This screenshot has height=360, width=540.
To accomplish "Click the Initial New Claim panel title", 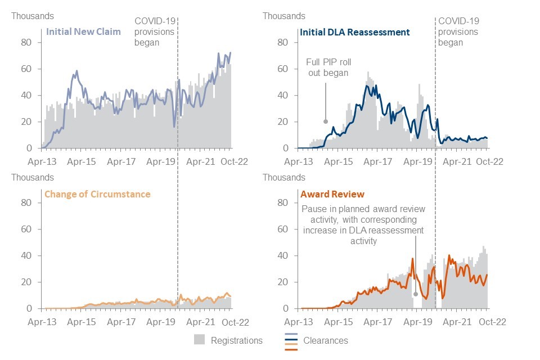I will [x=83, y=31].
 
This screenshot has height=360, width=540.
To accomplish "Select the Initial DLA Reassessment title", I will [x=355, y=32].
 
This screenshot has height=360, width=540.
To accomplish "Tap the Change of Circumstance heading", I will [x=97, y=194].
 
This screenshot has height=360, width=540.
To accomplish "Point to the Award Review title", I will [x=332, y=194].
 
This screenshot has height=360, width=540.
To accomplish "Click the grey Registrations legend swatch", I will [x=199, y=340].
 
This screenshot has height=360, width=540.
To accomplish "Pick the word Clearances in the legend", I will [x=326, y=340].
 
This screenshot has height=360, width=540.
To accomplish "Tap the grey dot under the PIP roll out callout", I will [x=326, y=121].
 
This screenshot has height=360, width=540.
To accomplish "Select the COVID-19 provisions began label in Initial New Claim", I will [x=155, y=31].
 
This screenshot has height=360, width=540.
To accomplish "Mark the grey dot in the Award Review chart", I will [x=416, y=294].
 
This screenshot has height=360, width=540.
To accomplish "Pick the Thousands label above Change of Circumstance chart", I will [x=33, y=177].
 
